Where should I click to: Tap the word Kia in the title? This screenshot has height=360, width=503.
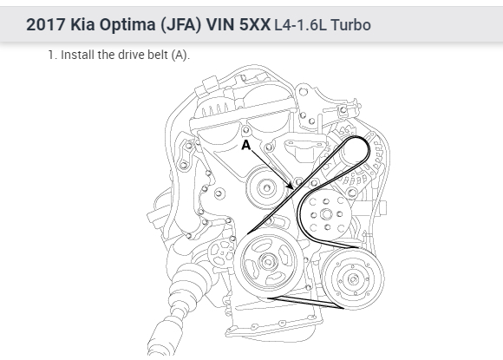point(82,24)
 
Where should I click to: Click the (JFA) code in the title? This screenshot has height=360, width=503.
point(180,25)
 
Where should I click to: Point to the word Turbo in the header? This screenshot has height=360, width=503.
point(351,25)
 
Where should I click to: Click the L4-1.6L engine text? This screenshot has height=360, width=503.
point(301,25)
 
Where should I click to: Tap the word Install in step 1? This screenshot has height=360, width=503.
point(78,55)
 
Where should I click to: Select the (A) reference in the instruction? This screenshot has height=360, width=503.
point(180,56)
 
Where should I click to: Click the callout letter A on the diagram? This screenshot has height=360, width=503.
point(245,145)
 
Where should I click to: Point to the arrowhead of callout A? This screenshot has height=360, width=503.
point(290,187)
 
